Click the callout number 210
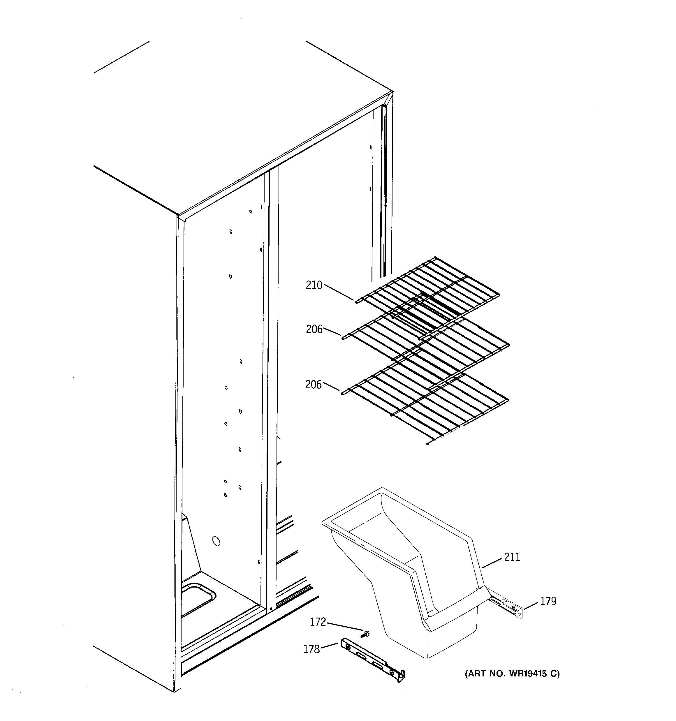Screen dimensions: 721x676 [314, 285]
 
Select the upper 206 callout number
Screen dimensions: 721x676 [314, 329]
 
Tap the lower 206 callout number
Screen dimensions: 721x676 [313, 385]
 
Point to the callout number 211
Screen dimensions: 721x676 [512, 557]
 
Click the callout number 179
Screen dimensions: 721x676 [548, 601]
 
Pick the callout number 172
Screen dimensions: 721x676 [318, 622]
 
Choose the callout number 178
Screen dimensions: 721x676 [311, 649]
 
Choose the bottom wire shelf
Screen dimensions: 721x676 [428, 403]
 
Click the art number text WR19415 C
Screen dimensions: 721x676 [512, 674]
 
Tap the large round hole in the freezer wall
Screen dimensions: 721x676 [216, 542]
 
